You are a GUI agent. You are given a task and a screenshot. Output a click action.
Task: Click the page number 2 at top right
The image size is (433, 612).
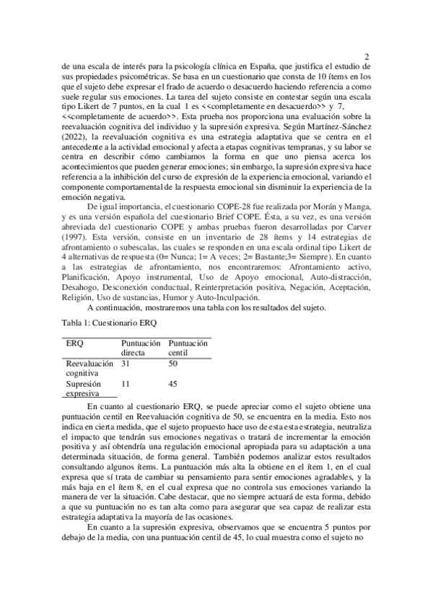tap(367, 56)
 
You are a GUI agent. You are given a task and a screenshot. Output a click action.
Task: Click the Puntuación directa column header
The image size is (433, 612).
tap(141, 348)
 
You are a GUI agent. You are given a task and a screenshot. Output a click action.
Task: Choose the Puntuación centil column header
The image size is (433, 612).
tap(188, 348)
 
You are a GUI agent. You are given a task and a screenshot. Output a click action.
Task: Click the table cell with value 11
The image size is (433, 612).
tap(126, 385)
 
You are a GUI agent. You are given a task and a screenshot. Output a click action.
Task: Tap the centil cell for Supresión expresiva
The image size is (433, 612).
tap(173, 385)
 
